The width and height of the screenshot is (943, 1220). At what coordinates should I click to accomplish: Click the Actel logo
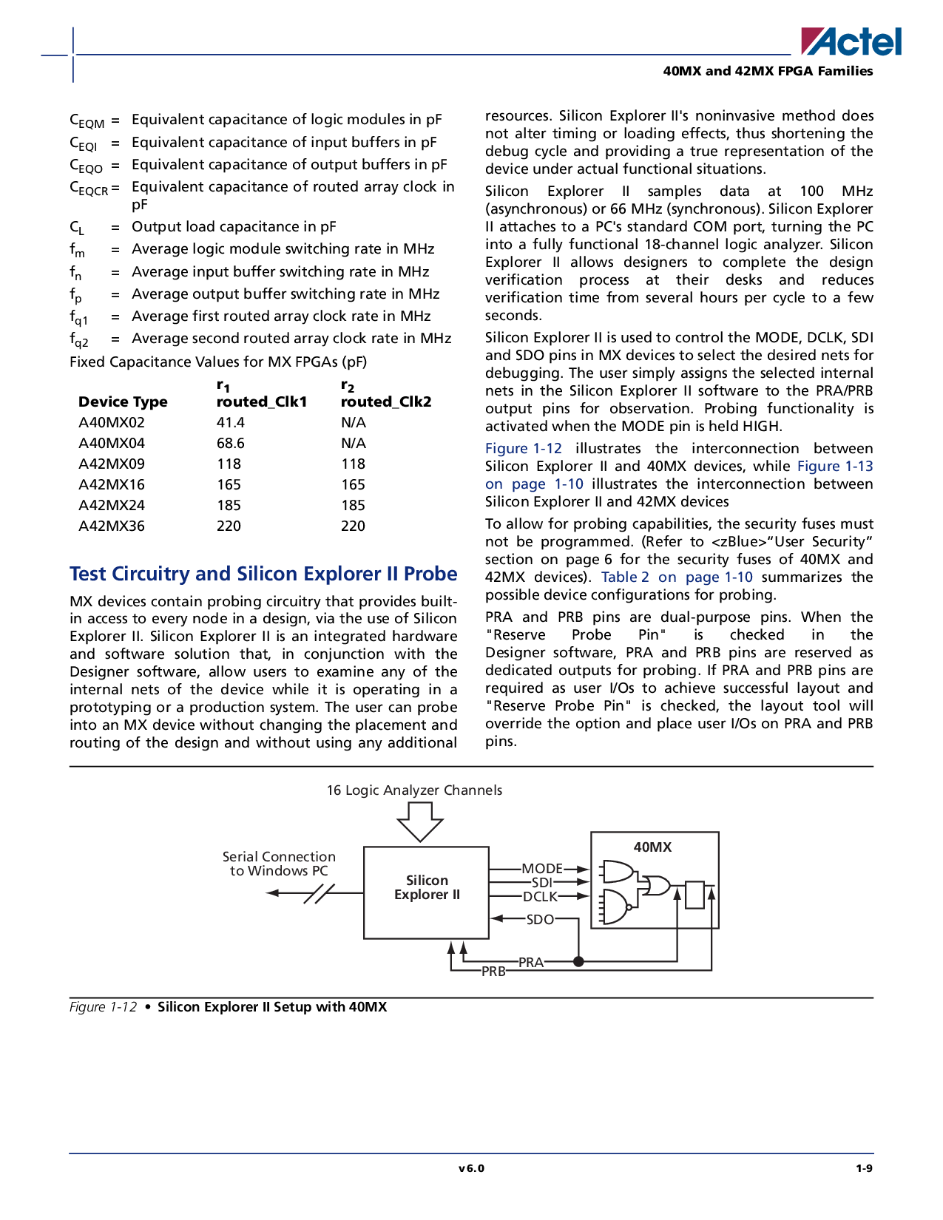851,41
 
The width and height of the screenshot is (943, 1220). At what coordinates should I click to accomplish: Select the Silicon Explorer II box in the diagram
426,892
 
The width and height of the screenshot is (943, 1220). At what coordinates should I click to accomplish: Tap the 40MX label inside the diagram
652,847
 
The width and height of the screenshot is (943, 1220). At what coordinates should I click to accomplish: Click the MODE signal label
542,869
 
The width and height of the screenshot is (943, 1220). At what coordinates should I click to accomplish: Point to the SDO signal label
540,919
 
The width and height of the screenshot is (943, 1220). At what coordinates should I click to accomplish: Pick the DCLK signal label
541,897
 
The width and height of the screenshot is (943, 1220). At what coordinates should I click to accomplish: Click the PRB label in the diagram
493,972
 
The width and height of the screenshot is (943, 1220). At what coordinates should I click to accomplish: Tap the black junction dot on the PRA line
578,962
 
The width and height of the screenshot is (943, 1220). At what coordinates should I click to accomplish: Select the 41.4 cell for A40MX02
230,422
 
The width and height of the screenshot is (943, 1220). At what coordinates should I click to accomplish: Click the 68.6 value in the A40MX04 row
230,443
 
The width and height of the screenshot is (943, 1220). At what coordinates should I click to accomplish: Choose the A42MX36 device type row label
111,526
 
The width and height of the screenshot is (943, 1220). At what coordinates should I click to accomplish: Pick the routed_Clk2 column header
386,402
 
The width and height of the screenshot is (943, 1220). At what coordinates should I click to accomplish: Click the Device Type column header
123,402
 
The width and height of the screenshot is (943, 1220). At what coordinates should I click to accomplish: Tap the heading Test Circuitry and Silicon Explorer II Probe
263,574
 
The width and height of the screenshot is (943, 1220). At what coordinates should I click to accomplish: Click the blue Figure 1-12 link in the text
524,448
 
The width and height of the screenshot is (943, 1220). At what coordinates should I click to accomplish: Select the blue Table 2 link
625,577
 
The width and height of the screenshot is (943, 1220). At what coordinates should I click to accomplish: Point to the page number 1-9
865,1168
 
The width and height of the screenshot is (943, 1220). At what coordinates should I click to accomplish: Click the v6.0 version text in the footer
471,1168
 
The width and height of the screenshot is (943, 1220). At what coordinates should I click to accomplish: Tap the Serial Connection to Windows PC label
279,864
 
